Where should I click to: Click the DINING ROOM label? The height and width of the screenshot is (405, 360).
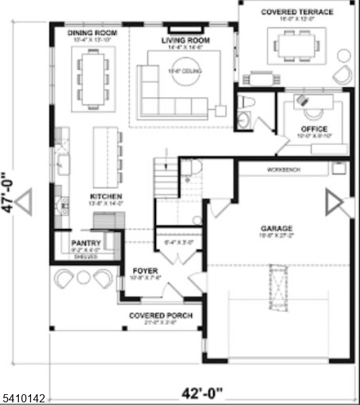(x=93, y=32)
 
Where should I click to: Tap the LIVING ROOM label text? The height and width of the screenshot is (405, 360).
(x=185, y=40)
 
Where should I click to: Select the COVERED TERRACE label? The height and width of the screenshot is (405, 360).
(x=298, y=12)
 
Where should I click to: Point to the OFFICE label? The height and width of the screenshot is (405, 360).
(x=314, y=129)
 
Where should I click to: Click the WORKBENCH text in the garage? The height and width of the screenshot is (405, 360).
(x=283, y=169)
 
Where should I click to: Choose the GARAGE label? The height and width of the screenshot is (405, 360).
(x=277, y=228)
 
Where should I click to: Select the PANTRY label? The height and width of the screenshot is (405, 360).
(x=86, y=244)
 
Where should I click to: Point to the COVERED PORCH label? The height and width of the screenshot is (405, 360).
(x=161, y=315)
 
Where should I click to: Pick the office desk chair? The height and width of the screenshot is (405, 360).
(x=301, y=99)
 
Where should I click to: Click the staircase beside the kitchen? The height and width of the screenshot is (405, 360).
(x=166, y=178)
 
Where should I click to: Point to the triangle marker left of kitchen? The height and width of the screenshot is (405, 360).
(x=24, y=202)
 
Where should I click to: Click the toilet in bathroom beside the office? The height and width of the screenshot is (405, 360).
(x=246, y=103)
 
